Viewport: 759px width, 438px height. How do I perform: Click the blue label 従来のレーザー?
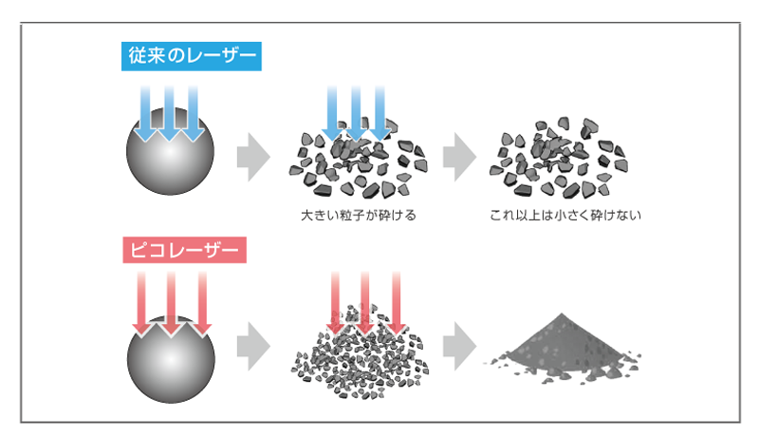point(192,56)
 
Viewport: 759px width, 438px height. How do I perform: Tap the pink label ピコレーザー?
point(184,250)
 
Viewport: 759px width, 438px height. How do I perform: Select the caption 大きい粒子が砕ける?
point(359,215)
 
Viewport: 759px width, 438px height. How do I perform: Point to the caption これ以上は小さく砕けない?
point(565,215)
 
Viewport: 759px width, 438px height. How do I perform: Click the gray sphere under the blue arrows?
point(170,151)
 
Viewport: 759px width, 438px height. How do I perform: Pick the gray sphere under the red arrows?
point(171,359)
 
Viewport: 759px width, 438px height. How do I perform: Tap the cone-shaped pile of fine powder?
point(563,347)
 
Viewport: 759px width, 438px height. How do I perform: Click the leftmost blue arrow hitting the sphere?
point(145,114)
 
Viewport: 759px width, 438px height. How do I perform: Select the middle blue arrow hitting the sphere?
point(169,114)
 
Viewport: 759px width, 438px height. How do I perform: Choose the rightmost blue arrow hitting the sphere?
point(194,114)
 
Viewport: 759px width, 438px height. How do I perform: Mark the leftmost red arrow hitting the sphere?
point(141,303)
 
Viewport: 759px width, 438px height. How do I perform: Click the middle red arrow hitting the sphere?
point(172,303)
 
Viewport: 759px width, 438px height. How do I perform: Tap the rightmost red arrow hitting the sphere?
point(202,303)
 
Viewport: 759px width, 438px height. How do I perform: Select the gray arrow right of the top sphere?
point(253,157)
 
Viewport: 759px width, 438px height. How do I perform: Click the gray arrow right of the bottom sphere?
point(253,347)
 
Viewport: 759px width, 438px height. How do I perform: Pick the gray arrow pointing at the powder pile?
point(459,347)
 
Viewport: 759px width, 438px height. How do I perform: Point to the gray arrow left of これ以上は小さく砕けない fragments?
point(459,157)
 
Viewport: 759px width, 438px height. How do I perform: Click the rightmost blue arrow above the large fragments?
point(380,113)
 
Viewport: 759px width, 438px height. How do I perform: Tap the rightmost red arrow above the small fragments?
point(397,303)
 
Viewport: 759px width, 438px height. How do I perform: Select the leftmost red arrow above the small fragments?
point(335,303)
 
